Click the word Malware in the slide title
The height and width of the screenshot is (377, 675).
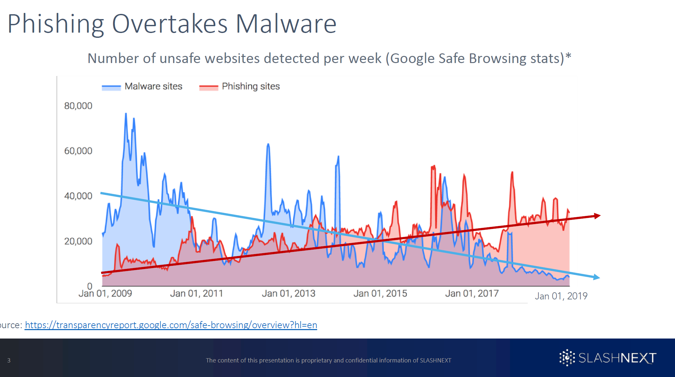(x=286, y=24)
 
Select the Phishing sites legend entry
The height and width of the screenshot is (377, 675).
(x=240, y=87)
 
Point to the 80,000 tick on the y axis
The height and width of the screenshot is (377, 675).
(x=78, y=106)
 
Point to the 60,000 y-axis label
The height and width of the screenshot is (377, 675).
(x=78, y=151)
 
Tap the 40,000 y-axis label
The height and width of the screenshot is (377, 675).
(x=78, y=196)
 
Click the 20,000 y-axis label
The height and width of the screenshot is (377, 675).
(x=78, y=241)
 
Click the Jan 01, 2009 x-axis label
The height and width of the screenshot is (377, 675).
(x=105, y=294)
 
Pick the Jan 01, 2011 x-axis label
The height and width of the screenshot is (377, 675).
(x=197, y=294)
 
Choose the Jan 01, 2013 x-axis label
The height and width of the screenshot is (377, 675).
(x=288, y=294)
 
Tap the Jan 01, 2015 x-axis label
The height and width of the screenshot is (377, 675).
(x=380, y=294)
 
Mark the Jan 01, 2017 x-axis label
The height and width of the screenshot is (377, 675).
(x=472, y=294)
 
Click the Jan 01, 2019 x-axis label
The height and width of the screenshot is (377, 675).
(x=561, y=296)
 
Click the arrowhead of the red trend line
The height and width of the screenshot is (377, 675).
(x=597, y=216)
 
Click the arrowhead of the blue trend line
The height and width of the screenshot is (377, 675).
(x=597, y=277)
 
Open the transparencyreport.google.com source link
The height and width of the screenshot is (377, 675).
(x=171, y=325)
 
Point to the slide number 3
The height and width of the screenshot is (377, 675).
(x=9, y=360)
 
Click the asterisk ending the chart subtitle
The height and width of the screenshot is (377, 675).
(x=568, y=56)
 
